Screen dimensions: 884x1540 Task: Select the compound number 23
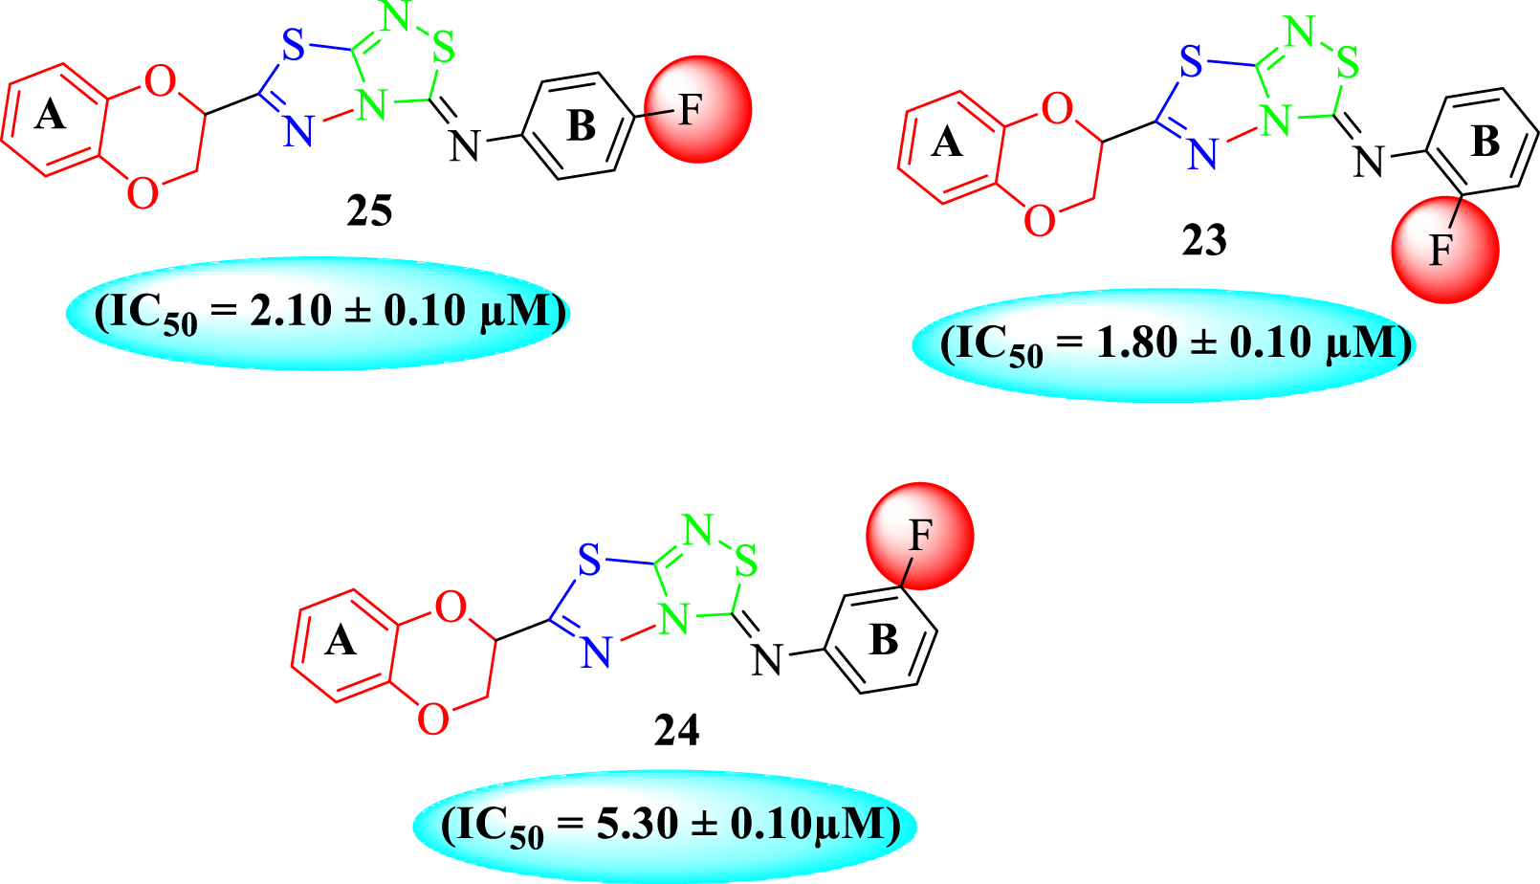click(x=1204, y=240)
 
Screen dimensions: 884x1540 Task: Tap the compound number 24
click(x=676, y=731)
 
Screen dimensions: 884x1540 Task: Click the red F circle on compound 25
click(x=697, y=109)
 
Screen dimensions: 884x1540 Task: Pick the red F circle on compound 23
click(x=1444, y=250)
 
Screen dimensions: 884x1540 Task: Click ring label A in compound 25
click(x=50, y=117)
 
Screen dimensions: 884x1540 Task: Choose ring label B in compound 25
click(x=581, y=126)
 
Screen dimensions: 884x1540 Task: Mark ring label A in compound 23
click(x=946, y=144)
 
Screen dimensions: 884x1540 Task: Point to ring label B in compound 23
click(x=1485, y=142)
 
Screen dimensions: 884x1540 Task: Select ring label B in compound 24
click(x=883, y=640)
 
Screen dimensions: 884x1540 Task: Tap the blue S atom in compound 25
click(x=293, y=45)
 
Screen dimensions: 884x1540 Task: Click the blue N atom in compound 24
click(x=595, y=653)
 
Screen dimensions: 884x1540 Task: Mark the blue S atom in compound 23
click(x=1191, y=63)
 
